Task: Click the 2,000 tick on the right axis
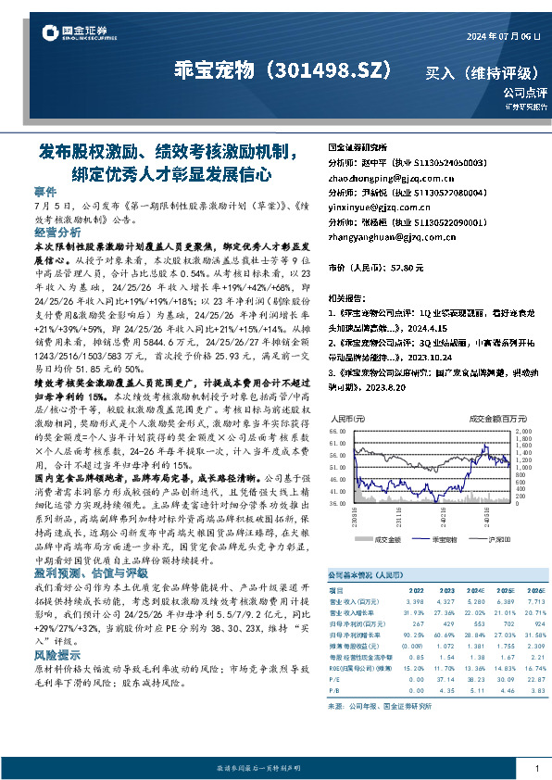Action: pos(524,432)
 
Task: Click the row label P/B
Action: pos(335,688)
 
